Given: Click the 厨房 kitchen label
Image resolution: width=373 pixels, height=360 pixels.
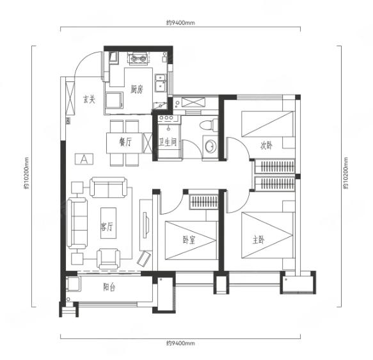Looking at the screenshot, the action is [137, 89].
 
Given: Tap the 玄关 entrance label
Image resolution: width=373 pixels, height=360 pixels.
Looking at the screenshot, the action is [89, 99].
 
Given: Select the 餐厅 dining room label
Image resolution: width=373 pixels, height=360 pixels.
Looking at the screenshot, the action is [125, 142].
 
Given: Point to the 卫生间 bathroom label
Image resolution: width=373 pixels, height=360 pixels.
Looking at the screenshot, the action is [168, 142].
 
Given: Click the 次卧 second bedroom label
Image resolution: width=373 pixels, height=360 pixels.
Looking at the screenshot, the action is [266, 145].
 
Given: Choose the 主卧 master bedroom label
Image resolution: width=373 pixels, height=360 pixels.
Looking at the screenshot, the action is [258, 240].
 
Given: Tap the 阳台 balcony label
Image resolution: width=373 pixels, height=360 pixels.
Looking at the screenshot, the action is [109, 287].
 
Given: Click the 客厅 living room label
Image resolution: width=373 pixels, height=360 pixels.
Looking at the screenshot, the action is [107, 226].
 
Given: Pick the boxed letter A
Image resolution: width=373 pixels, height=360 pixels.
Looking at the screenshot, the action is [84, 159].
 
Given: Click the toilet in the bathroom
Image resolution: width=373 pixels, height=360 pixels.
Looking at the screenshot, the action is [209, 124].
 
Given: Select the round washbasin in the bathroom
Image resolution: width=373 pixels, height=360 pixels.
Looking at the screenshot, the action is [210, 145].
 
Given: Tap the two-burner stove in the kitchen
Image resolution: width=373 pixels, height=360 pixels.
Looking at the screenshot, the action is [138, 58].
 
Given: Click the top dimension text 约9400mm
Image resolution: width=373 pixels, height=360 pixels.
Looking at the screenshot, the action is [180, 23].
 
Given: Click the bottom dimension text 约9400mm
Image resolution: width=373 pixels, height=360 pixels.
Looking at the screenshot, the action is [180, 343].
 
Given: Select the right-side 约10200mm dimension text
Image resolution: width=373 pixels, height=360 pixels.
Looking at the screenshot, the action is [345, 173].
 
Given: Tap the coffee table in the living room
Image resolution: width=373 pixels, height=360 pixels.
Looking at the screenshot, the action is [109, 223].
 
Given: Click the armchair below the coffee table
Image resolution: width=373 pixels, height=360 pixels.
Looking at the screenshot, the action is [109, 259].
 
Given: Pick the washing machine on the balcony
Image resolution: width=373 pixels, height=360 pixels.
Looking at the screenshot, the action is [74, 284].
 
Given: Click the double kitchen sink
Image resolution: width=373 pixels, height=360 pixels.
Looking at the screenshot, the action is [161, 83].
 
